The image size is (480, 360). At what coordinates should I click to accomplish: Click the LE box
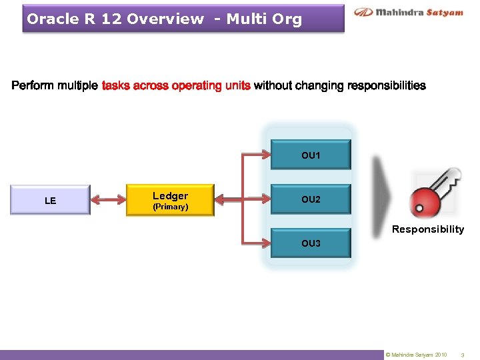pyautogui.click(x=50, y=200)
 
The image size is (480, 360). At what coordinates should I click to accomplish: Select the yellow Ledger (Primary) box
pyautogui.click(x=170, y=200)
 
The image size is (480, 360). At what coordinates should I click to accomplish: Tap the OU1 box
pyautogui.click(x=311, y=155)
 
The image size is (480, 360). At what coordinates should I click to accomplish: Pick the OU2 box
pyautogui.click(x=311, y=200)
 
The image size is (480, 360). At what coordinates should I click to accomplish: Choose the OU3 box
pyautogui.click(x=311, y=243)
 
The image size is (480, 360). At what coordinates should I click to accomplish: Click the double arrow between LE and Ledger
pyautogui.click(x=108, y=199)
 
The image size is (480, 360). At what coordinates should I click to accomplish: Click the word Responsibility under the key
pyautogui.click(x=427, y=229)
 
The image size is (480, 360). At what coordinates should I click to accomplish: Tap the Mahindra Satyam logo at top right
pyautogui.click(x=408, y=12)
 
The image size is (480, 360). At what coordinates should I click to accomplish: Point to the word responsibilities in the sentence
pyautogui.click(x=387, y=85)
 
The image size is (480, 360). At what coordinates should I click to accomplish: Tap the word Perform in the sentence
pyautogui.click(x=33, y=85)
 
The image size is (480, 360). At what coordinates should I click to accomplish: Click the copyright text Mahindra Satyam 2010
pyautogui.click(x=419, y=355)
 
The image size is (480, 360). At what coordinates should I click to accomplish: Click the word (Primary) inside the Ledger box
pyautogui.click(x=170, y=207)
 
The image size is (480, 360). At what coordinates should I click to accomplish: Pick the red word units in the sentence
pyautogui.click(x=237, y=85)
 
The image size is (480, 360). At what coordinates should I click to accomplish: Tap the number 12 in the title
pyautogui.click(x=111, y=19)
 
